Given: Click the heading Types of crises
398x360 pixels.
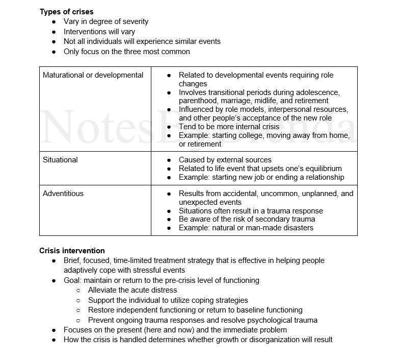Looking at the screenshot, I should click(x=66, y=12).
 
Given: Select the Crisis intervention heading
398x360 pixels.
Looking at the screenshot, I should click(x=72, y=251).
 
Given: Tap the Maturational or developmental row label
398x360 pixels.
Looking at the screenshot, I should click(x=93, y=75).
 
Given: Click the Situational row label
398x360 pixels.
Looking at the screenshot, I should click(x=60, y=160).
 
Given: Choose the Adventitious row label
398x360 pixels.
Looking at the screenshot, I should click(x=63, y=194).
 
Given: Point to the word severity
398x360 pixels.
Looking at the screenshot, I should click(x=134, y=21).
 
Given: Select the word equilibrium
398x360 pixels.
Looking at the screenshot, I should click(x=321, y=169).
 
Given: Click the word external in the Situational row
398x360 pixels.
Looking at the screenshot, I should click(x=227, y=160).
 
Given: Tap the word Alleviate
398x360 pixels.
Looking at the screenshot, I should click(x=103, y=290).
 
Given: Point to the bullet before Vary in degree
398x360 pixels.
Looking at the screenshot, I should click(x=54, y=21).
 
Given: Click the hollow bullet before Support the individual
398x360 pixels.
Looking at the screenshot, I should click(x=78, y=300).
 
